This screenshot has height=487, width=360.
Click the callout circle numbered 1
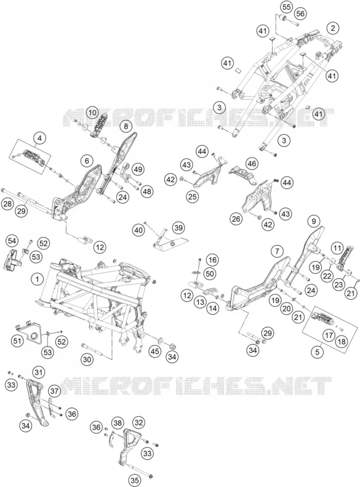[x=38, y=280]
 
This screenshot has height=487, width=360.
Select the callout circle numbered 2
[x=333, y=28]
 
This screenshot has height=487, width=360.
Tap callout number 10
[x=92, y=113]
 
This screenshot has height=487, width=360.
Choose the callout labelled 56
[x=300, y=14]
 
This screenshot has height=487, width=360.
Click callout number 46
[x=252, y=163]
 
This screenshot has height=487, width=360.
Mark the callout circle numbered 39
[x=178, y=228]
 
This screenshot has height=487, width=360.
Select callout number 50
[x=210, y=273]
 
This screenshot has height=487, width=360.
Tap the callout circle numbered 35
[x=135, y=480]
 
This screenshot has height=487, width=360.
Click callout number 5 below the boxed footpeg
[x=317, y=352]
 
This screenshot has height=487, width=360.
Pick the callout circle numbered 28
[x=7, y=204]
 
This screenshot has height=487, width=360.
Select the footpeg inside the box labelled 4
[x=31, y=156]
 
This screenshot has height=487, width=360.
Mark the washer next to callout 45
[x=161, y=340]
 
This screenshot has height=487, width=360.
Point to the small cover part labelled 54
[x=12, y=259]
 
